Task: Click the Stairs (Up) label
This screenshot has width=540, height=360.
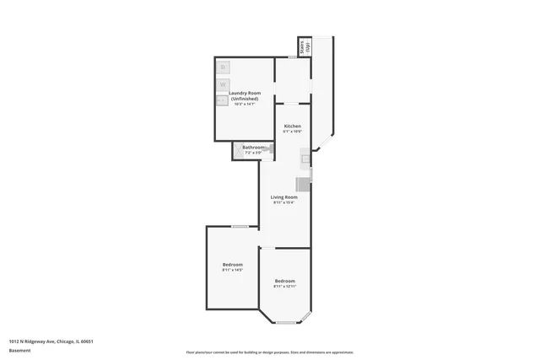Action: pos(306,46)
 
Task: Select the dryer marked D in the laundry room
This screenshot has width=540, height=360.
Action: pos(223,67)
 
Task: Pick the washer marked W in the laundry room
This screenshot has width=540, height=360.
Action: pos(223,84)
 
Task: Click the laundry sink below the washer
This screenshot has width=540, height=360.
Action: pos(223,100)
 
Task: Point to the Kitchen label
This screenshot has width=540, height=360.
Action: pos(292,126)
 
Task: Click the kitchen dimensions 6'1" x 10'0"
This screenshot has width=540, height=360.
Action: pos(292,132)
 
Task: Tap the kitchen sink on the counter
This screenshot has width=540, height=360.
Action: pos(306,159)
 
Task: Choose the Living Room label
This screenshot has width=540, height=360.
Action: pos(283,197)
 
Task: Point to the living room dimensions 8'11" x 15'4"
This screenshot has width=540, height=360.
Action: pos(283,203)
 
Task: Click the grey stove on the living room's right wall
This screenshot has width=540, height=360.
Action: pos(303,185)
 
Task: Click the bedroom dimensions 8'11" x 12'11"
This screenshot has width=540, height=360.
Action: pos(284,287)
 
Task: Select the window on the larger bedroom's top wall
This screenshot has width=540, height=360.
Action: pos(240,226)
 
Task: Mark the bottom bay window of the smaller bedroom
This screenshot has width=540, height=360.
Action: pos(284,323)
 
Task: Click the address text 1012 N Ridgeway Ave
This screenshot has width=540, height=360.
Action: pos(51,341)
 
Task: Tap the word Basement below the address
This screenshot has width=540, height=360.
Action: pos(20,350)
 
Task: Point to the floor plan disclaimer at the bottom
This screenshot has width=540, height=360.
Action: pos(269,352)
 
